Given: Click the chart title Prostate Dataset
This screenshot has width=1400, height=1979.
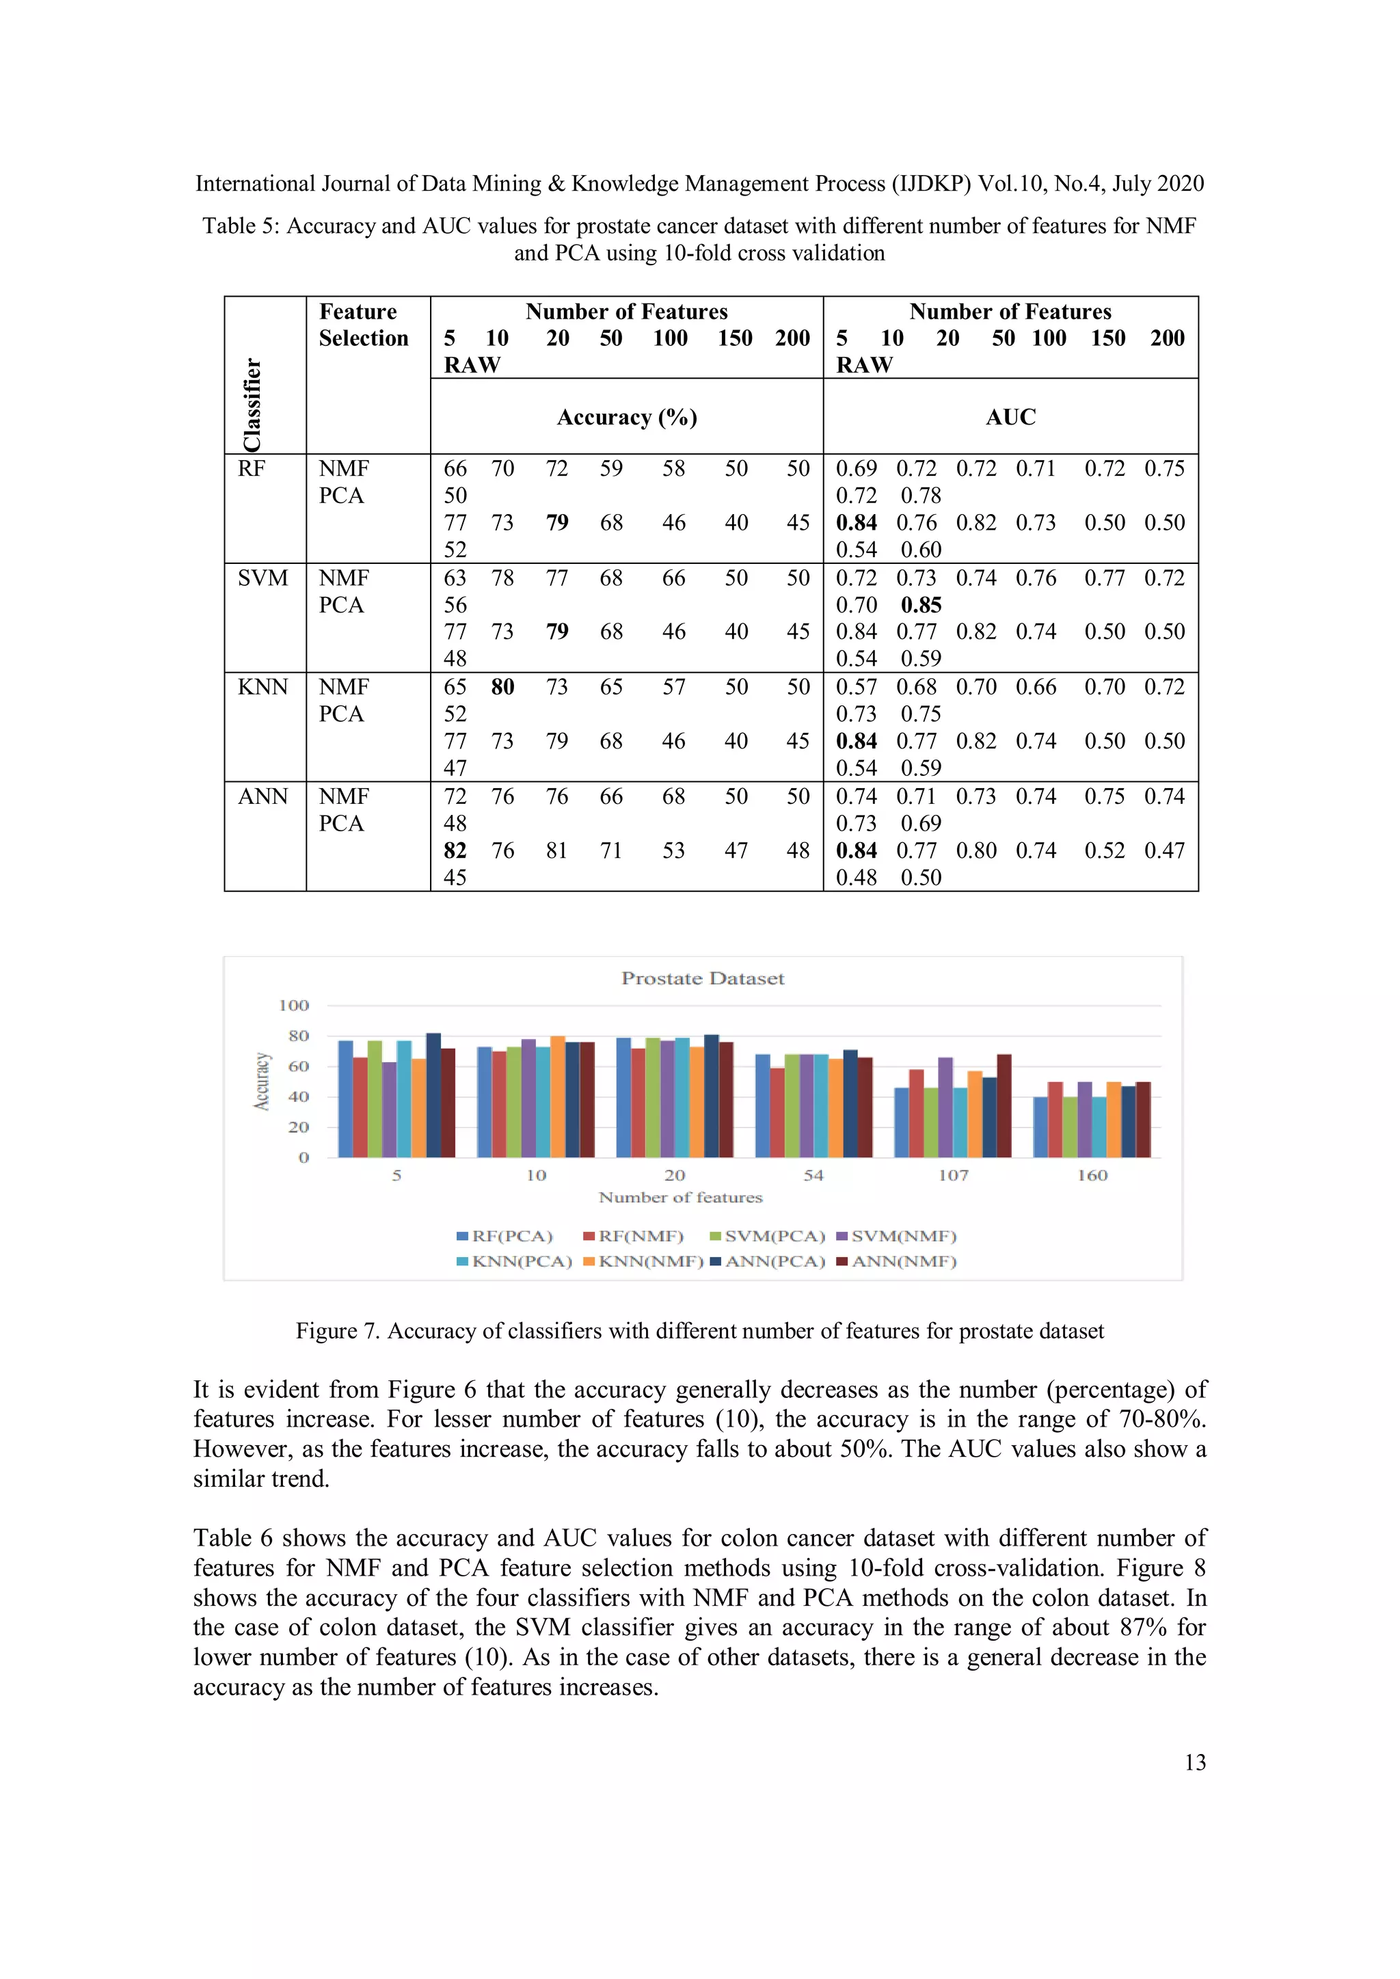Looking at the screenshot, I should coord(703,978).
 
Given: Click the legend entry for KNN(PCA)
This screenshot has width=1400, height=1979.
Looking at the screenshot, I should coord(514,1261).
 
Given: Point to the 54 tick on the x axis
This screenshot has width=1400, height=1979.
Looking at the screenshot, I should coord(813,1176).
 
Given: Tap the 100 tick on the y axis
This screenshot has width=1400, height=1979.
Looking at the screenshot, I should coord(294,1006).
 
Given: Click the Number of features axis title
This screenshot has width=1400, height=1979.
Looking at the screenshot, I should coord(680,1197).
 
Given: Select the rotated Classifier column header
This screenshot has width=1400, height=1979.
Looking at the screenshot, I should coord(252,404).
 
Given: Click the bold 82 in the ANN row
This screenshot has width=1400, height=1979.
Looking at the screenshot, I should coord(455,850).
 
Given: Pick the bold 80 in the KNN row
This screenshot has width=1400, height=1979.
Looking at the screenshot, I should coord(502,687).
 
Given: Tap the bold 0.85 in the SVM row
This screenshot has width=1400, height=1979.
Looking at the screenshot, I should coord(921,605).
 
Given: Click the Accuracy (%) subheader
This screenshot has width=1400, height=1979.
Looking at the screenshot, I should coord(627,417).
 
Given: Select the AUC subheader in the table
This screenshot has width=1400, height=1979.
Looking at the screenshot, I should coord(1010,417).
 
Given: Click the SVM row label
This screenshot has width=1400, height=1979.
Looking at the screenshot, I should coord(263,578).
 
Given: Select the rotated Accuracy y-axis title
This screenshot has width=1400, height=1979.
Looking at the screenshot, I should coord(261,1081).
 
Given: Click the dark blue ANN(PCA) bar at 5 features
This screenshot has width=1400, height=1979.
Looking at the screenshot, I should coord(433,1094).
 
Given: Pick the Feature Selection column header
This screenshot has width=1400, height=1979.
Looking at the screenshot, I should coord(363,325).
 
